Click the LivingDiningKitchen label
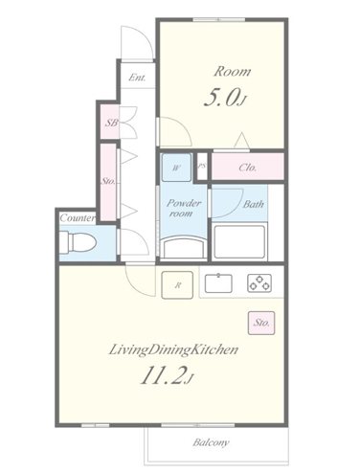[x=173, y=350]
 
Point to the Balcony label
[x=211, y=442]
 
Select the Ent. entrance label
[x=137, y=78]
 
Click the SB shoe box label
[x=112, y=123]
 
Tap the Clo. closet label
[x=247, y=168]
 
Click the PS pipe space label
[x=201, y=167]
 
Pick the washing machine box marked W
[x=176, y=168]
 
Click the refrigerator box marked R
[x=177, y=285]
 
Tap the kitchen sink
[x=218, y=283]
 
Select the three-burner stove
[x=259, y=283]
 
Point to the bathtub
[x=239, y=242]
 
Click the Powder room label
[x=184, y=208]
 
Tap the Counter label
[x=78, y=218]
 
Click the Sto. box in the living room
[x=261, y=323]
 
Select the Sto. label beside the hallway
[x=108, y=181]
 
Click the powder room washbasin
[x=183, y=247]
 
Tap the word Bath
[x=253, y=204]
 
